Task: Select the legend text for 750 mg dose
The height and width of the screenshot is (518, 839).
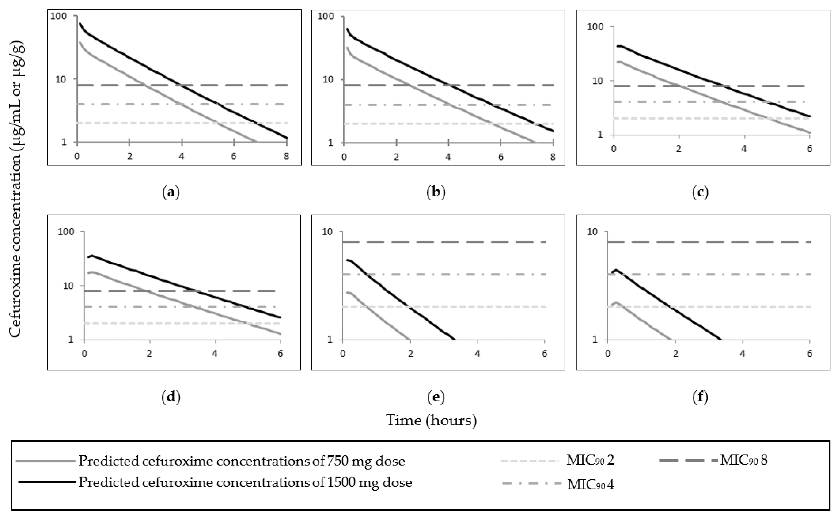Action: (x=242, y=461)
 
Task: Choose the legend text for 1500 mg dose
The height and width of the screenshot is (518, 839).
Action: (x=245, y=482)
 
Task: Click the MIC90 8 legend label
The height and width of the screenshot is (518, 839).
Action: (x=743, y=460)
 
